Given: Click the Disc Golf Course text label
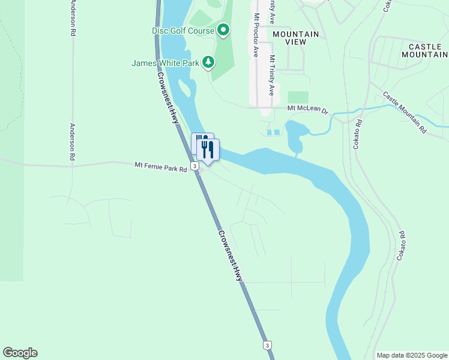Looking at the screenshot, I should [182, 30].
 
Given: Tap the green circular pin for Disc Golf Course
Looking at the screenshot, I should [223, 29].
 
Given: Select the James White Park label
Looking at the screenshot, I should [166, 62].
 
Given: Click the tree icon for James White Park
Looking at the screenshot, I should [208, 62].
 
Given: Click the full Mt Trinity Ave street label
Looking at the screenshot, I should [272, 76].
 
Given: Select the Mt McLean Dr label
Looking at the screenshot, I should [308, 109].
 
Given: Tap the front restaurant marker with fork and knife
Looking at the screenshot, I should [208, 150].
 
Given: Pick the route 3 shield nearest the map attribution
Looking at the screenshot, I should [267, 345].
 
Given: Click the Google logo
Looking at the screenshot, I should [20, 353].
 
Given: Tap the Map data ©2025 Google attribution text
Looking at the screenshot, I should [411, 355].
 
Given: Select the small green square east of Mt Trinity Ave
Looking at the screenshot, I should [298, 97].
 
